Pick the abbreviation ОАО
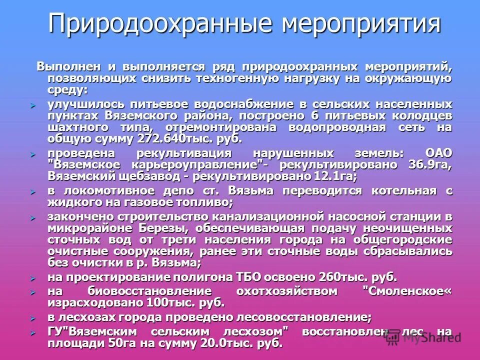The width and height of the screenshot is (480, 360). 438,153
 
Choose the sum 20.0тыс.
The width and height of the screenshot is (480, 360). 227,343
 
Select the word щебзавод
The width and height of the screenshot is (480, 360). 147,176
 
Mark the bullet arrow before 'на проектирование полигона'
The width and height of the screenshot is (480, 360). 33,277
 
